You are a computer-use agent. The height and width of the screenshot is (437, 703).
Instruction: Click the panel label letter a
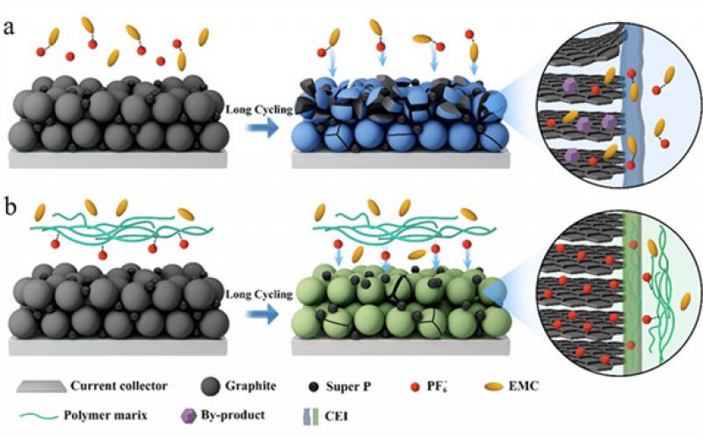coord(10,26)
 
